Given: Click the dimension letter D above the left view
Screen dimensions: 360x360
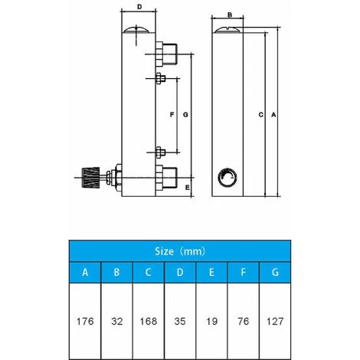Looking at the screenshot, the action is click(x=139, y=7).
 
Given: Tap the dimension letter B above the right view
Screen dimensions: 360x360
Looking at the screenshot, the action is click(x=230, y=15).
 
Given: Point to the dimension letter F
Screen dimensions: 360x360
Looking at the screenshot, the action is click(x=172, y=115).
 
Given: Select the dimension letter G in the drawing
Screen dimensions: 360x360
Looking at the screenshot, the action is click(x=185, y=115).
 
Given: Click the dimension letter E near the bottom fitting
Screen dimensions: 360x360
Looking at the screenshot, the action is click(x=188, y=188).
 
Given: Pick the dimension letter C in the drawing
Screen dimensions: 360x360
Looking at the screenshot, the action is click(x=260, y=115).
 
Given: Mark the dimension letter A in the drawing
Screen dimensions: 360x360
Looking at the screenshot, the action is click(x=273, y=115).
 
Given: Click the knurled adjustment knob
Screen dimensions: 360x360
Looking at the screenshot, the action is click(x=90, y=178).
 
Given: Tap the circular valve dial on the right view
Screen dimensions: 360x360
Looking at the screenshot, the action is click(x=227, y=178).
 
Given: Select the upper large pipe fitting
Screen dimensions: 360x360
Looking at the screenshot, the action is click(x=166, y=54).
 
